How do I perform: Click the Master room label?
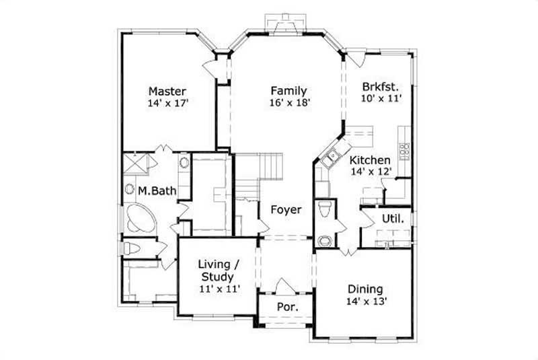[x=167, y=91]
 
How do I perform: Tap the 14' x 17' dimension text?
[x=167, y=104]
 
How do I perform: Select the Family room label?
[x=289, y=90]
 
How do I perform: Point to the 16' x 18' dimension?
[x=289, y=103]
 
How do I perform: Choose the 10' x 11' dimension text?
[x=381, y=98]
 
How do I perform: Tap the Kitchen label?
[x=369, y=160]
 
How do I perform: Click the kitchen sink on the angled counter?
[x=330, y=159]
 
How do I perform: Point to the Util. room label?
[x=393, y=218]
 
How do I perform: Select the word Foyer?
[x=286, y=209]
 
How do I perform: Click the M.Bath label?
[x=157, y=191]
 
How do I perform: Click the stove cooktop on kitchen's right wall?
[x=405, y=149]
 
